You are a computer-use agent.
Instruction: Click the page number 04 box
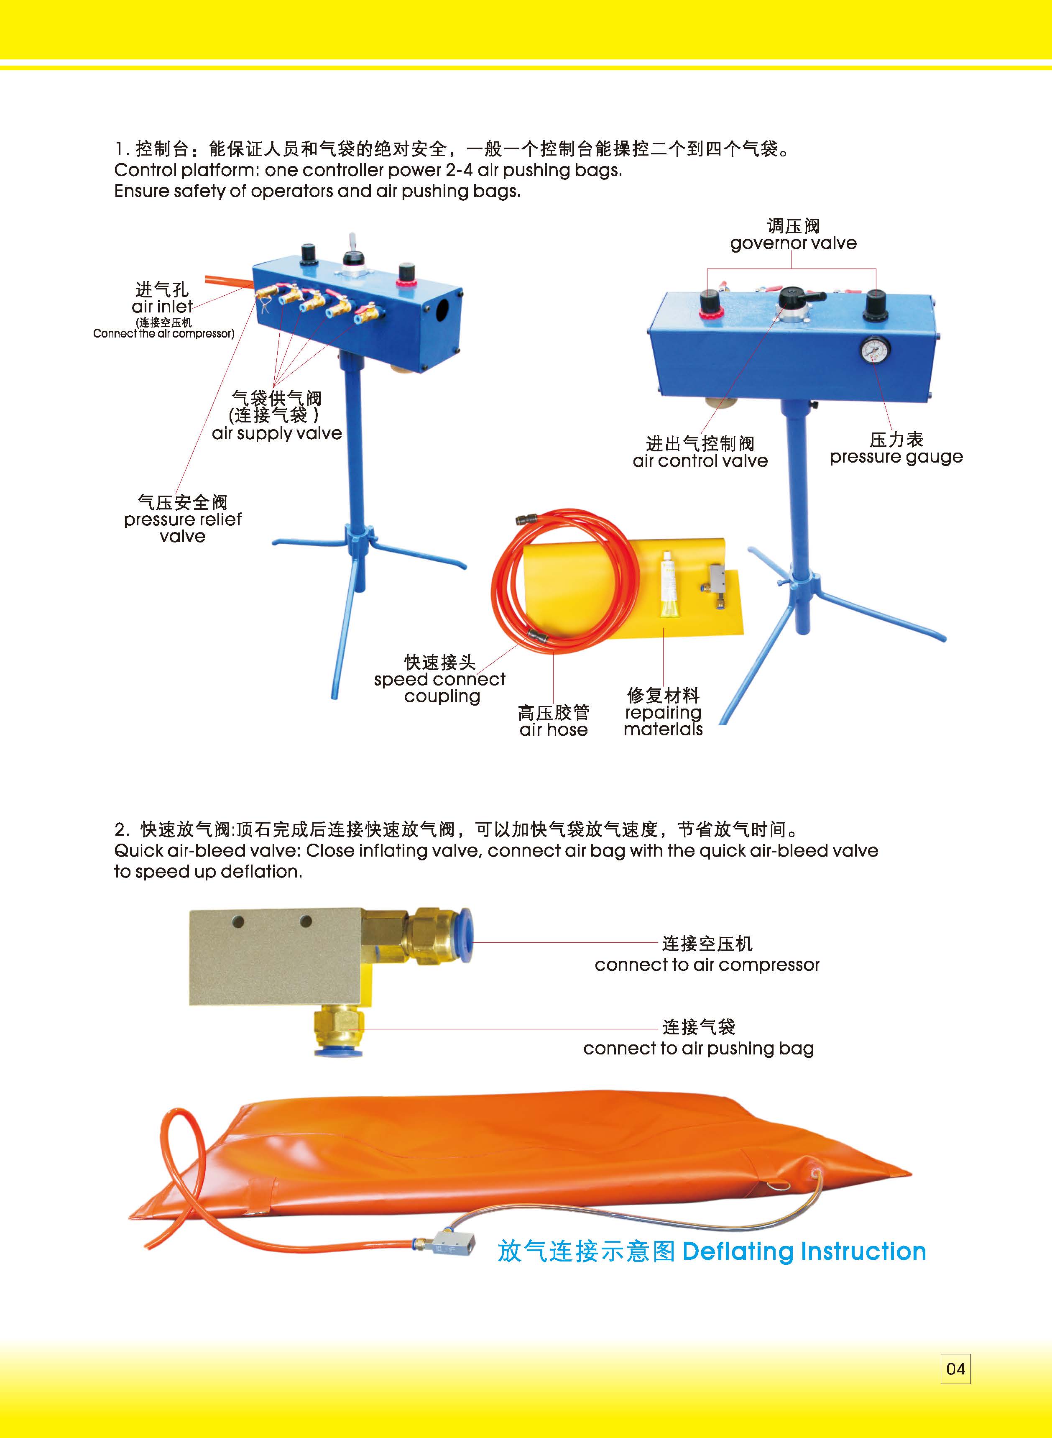point(955,1369)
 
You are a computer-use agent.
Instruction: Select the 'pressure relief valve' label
point(183,519)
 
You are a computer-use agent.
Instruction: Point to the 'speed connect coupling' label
point(439,680)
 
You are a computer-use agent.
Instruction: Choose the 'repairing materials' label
point(663,712)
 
